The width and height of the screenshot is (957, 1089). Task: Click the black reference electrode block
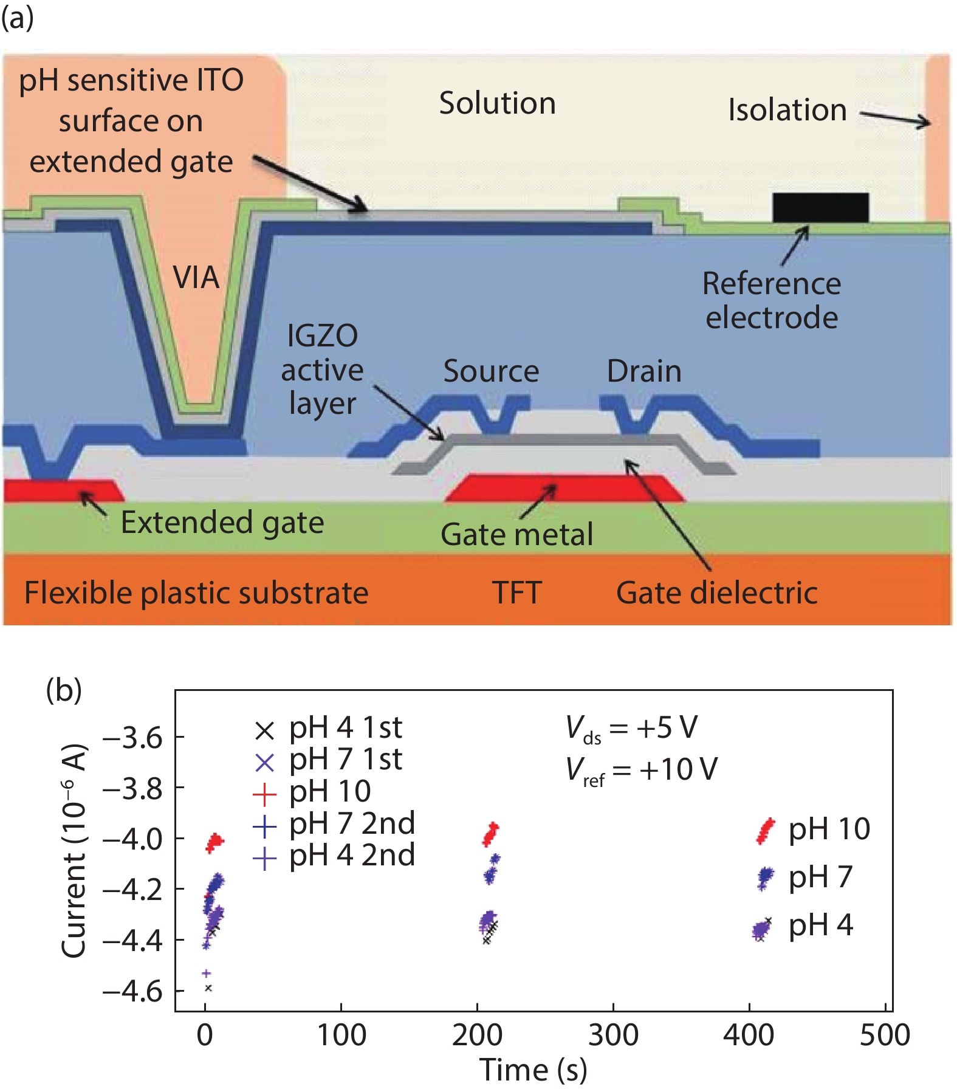(820, 208)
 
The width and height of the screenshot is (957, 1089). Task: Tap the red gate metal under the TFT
(565, 489)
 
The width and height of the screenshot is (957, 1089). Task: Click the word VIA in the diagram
(196, 278)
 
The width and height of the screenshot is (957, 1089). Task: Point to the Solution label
(497, 103)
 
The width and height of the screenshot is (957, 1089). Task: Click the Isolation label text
(787, 110)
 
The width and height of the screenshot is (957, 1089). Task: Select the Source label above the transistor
(491, 371)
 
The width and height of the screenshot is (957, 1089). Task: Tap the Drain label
(644, 371)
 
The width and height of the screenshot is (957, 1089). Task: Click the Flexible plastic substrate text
(196, 593)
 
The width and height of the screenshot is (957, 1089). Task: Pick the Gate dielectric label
(716, 593)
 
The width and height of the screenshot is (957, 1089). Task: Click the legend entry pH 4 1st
(328, 728)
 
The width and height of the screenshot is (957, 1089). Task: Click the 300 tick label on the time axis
(613, 1035)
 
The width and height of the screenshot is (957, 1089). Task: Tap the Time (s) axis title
(533, 1070)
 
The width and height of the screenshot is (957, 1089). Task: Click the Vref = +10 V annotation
(641, 770)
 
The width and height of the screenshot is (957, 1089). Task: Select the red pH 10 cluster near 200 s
(490, 834)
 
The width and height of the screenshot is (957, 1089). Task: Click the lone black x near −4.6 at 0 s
(208, 988)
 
